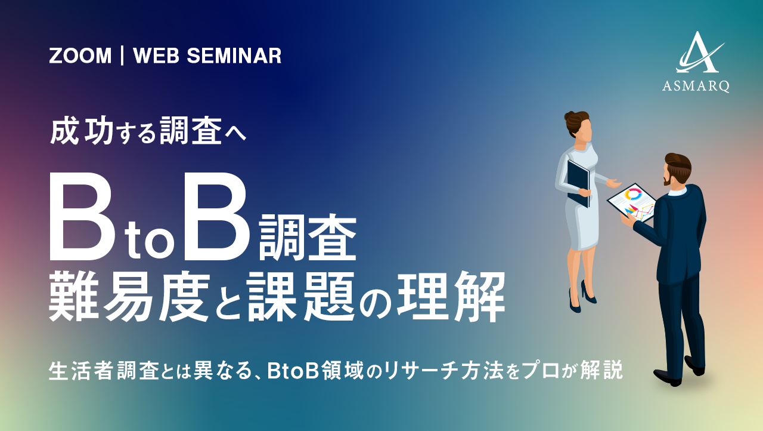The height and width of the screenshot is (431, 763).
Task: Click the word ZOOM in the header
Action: [x=80, y=56]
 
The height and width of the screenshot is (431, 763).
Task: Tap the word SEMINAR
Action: [x=234, y=56]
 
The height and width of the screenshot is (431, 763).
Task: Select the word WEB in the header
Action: [x=156, y=56]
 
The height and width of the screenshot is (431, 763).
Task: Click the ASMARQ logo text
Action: [x=696, y=86]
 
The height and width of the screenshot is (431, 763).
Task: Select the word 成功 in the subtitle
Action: [x=82, y=131]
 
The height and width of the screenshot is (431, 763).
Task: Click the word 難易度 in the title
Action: [x=129, y=296]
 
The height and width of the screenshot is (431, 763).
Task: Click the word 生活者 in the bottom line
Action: [x=80, y=371]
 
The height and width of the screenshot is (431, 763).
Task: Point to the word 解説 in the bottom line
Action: [x=601, y=371]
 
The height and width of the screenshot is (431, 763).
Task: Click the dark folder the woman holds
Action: [x=578, y=183]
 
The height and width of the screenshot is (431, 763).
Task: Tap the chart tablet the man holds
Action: [x=631, y=202]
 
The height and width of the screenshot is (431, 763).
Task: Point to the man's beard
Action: [x=668, y=180]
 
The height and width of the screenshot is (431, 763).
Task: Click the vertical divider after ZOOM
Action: [x=122, y=56]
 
